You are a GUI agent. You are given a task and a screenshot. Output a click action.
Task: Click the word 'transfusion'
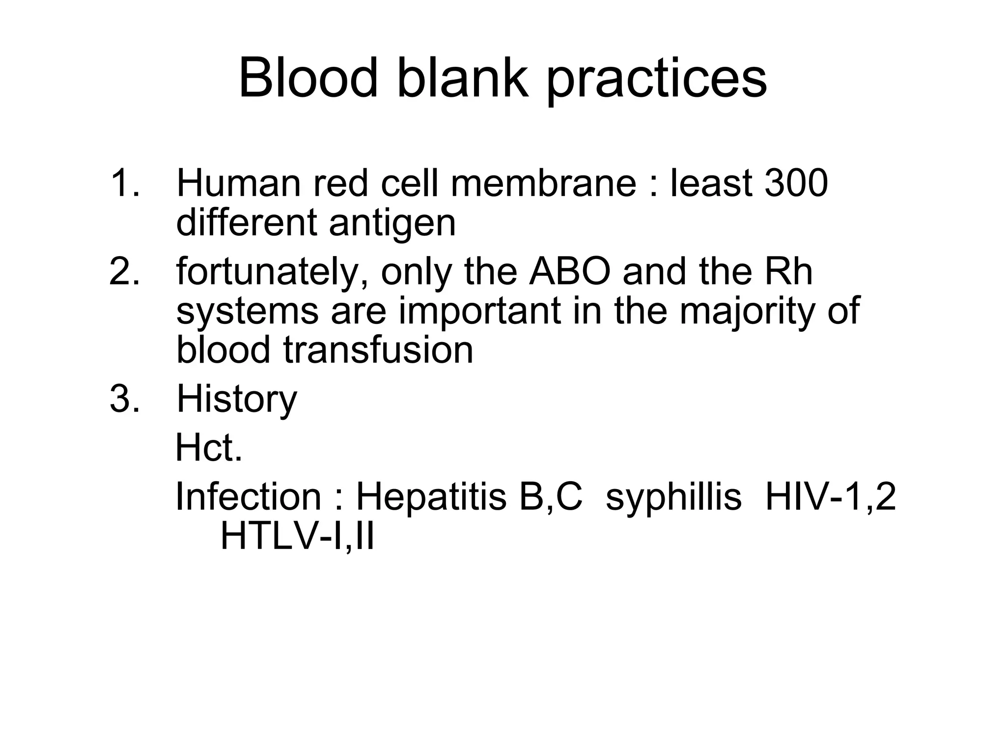pyautogui.click(x=378, y=350)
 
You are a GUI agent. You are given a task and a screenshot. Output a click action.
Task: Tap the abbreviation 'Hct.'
pyautogui.click(x=209, y=448)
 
